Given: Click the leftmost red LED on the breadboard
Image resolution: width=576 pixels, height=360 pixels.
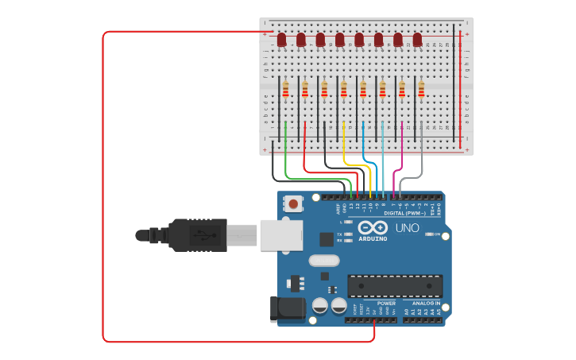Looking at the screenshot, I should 281,39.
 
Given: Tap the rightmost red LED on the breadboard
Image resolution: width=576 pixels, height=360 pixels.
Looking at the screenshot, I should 417,39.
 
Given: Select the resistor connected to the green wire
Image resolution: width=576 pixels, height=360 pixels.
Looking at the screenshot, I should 285,90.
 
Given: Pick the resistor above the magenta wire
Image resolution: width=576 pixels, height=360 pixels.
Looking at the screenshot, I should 402,90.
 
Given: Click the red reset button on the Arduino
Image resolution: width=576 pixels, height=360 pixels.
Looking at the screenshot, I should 294,204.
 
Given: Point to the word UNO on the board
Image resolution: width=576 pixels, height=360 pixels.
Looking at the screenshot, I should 408,228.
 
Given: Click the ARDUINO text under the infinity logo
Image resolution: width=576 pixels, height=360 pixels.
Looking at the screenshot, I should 373,238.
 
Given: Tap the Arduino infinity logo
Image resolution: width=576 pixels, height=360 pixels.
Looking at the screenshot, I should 373,226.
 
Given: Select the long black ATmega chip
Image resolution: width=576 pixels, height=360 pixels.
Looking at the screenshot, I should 395,286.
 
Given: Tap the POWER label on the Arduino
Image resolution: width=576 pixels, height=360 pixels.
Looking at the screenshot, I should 386,303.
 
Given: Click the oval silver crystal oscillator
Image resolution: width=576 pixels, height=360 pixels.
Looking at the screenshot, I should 323,260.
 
